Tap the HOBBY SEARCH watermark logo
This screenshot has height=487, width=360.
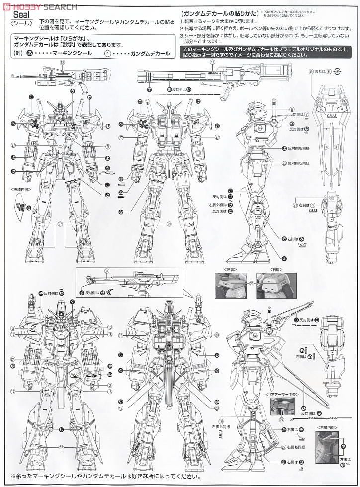tap(40, 6)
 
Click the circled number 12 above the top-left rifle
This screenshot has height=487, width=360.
tap(62, 62)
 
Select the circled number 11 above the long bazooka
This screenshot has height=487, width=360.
tap(212, 62)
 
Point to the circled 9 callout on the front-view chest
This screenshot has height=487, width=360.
tap(107, 146)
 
